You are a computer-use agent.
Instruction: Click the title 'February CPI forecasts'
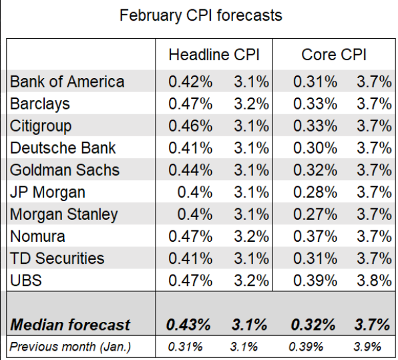(200, 15)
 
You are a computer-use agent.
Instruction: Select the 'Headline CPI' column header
(214, 55)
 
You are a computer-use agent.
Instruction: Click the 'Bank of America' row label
(67, 82)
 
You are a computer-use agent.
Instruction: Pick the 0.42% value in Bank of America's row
(190, 82)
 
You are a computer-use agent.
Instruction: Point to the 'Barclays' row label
(40, 104)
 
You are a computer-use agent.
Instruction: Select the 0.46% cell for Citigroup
(190, 126)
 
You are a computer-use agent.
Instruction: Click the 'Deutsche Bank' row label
(63, 148)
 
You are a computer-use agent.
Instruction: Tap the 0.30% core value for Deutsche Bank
(315, 148)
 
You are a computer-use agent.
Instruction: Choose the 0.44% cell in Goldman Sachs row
(190, 170)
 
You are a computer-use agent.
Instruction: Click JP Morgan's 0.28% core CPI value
(315, 192)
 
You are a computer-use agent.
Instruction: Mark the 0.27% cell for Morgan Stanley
(315, 214)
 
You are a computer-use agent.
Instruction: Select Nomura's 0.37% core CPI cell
(315, 236)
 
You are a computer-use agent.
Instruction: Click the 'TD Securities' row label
(57, 258)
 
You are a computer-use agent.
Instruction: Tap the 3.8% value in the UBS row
(373, 281)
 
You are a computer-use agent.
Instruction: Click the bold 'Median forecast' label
(70, 325)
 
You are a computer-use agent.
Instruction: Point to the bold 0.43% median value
(190, 325)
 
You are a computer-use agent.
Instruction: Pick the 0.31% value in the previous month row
(183, 347)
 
